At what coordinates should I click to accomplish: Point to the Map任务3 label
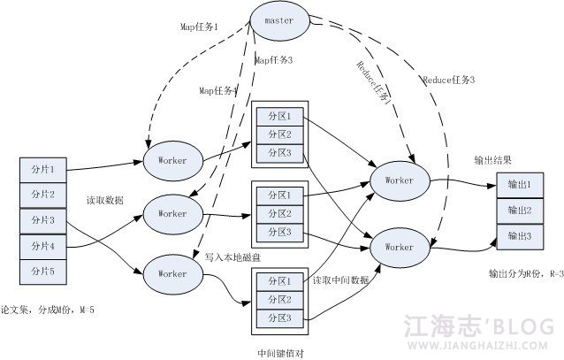click(x=273, y=60)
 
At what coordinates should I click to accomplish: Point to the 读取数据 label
click(x=104, y=201)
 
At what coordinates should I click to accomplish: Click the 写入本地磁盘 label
click(x=233, y=257)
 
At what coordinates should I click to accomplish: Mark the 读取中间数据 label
click(x=340, y=280)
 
